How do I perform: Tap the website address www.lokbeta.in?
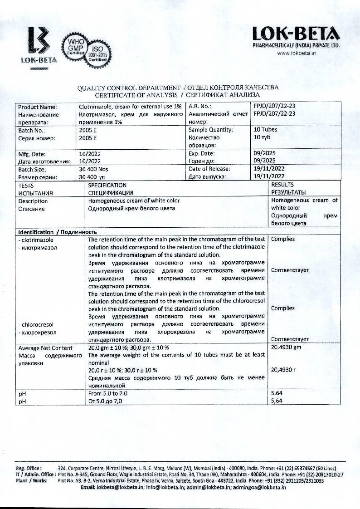tap(296, 53)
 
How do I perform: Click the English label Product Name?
tap(37, 107)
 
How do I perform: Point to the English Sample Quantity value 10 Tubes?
tap(265, 130)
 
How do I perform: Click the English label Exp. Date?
tap(201, 153)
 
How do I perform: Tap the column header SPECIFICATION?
tap(107, 185)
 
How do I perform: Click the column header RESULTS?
tap(282, 185)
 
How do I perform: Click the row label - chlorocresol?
tap(36, 325)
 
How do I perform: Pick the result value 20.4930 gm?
tap(286, 347)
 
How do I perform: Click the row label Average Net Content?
tap(45, 348)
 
